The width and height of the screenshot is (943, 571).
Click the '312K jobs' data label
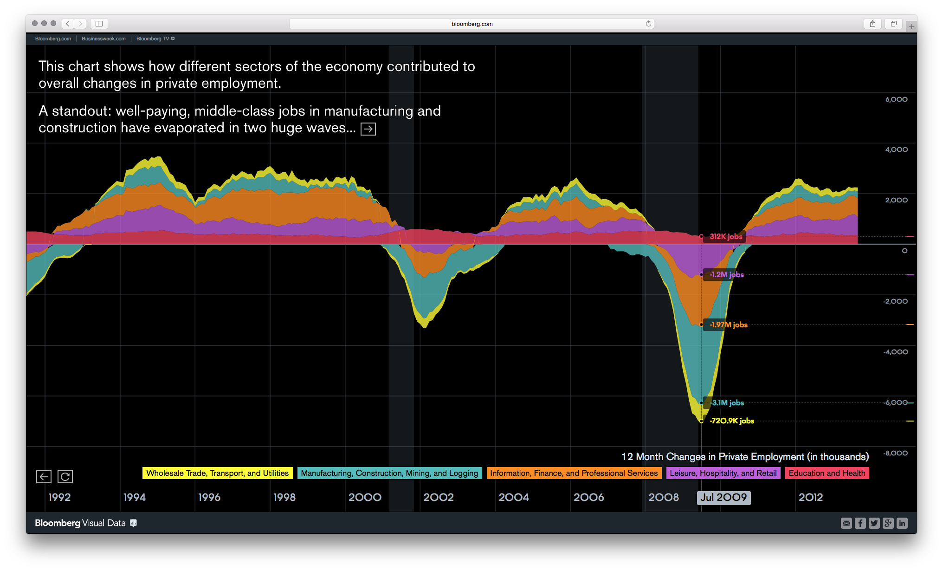(725, 237)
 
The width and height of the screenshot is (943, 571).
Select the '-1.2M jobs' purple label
(726, 275)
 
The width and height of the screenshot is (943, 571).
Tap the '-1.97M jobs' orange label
(728, 325)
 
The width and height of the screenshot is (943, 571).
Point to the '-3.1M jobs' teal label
(727, 403)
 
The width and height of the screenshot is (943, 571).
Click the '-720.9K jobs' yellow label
(732, 421)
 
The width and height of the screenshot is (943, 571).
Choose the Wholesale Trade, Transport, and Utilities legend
(217, 473)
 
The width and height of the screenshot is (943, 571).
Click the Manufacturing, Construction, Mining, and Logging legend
(389, 473)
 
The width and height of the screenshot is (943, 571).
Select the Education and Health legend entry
(827, 473)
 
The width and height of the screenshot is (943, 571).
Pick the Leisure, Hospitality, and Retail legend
(723, 473)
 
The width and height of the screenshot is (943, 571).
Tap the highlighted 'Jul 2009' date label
(723, 498)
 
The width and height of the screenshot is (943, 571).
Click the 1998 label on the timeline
(284, 498)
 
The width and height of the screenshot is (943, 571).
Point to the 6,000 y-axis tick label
(896, 99)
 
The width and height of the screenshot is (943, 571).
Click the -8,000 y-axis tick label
(896, 453)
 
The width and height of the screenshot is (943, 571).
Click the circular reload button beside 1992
(65, 477)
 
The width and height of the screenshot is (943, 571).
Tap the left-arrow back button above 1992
(44, 477)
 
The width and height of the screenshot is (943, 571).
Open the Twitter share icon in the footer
(874, 523)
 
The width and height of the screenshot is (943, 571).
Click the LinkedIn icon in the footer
(902, 523)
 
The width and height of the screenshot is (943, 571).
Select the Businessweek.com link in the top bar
(103, 39)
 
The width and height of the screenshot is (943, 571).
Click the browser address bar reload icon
(648, 24)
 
